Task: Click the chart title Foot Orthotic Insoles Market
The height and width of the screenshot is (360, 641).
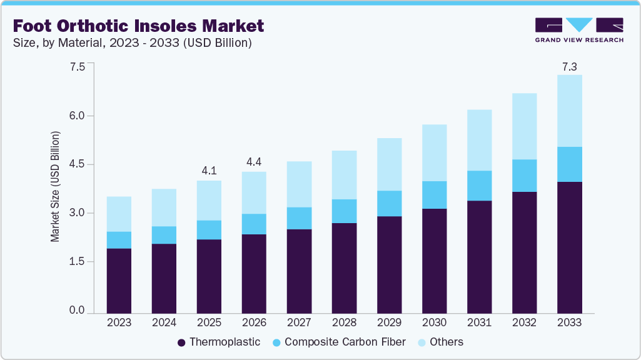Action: point(138,26)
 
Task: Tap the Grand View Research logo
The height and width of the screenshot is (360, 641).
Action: point(579,30)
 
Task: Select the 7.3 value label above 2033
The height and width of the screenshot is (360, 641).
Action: point(569,66)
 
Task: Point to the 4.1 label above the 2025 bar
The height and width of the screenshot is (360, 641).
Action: point(209,171)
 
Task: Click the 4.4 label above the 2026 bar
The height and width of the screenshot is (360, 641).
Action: point(254,162)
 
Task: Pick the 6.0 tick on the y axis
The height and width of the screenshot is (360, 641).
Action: point(76,116)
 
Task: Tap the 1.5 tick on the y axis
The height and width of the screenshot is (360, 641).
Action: point(76,262)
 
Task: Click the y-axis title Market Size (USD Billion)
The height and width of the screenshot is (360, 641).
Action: point(55,187)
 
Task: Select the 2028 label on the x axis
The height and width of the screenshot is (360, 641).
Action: point(344,322)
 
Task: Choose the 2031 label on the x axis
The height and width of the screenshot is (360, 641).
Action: point(479,322)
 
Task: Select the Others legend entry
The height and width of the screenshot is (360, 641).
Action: point(440,342)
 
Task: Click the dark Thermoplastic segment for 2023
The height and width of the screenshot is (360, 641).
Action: point(119,281)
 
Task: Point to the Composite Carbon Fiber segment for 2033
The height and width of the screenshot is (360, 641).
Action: point(569,164)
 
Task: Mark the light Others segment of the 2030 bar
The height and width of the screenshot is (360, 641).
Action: point(434,152)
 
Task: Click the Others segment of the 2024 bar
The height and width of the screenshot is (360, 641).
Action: point(164,207)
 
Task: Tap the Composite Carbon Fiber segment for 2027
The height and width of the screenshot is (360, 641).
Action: point(299,218)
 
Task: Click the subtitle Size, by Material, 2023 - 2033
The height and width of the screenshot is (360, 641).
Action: point(132,43)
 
